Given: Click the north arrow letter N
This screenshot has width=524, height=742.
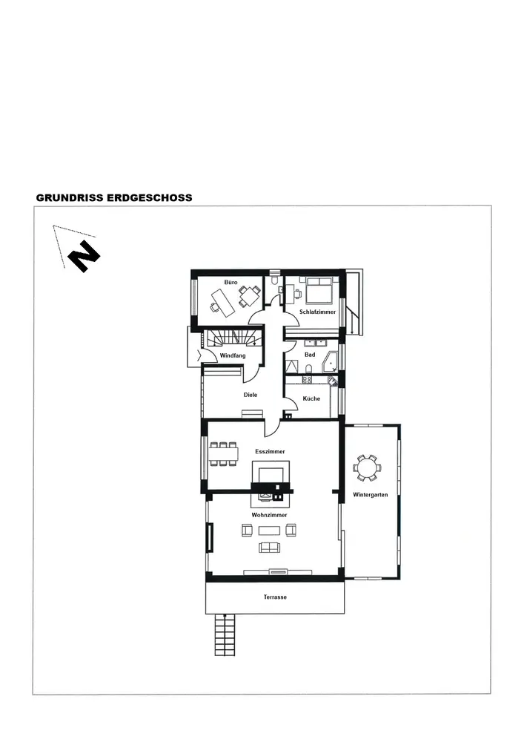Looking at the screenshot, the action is (84, 256).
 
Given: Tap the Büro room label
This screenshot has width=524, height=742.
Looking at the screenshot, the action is (231, 282).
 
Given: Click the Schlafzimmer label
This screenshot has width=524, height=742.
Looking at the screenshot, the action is (317, 312).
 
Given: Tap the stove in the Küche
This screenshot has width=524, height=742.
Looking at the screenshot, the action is (307, 379).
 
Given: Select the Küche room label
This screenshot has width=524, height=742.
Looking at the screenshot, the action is (311, 398).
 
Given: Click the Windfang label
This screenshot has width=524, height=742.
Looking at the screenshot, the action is (233, 355).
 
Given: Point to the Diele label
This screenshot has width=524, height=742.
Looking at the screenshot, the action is (251, 395).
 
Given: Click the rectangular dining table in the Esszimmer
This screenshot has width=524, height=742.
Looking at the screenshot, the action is (224, 454).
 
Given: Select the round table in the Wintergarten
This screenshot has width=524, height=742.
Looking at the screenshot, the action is (367, 468).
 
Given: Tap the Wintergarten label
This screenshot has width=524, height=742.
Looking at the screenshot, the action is (371, 494).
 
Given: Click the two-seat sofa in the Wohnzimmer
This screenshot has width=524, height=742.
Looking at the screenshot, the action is (269, 547).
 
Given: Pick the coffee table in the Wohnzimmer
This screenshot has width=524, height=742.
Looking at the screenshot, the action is (269, 530).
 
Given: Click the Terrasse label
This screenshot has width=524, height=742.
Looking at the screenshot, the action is (275, 597).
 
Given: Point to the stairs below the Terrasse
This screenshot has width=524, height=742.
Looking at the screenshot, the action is (225, 634).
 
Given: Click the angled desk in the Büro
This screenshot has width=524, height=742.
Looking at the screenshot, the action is (222, 302).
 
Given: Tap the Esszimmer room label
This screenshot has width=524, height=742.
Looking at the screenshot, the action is (271, 451).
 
